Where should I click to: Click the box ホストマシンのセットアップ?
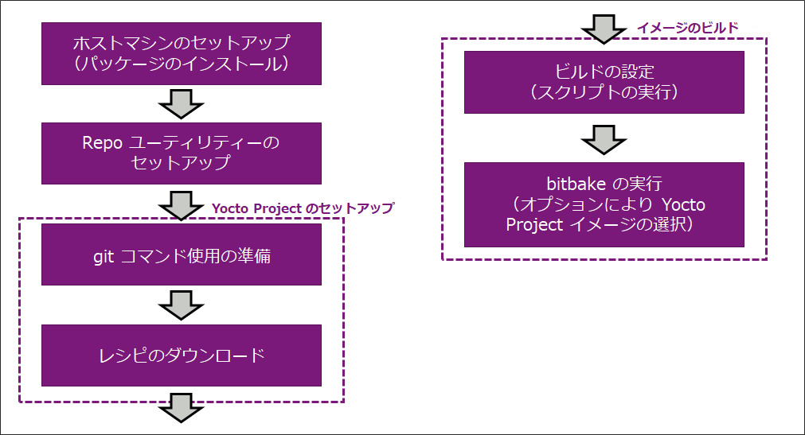[x=182, y=52]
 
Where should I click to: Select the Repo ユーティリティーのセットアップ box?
[x=182, y=153]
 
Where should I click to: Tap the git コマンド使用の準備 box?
[x=182, y=254]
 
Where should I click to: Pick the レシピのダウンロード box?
[x=182, y=355]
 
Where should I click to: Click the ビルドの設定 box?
[x=604, y=82]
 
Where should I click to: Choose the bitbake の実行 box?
[x=604, y=204]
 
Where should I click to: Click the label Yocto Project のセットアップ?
[x=303, y=208]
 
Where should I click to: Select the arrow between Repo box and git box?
[x=182, y=204]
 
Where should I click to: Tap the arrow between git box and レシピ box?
[x=182, y=305]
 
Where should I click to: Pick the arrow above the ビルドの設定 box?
[x=604, y=29]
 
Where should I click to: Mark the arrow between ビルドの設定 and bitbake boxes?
[x=604, y=138]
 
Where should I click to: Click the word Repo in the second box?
[x=101, y=143]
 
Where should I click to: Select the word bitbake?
[x=569, y=184]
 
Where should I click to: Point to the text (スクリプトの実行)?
[x=604, y=93]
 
